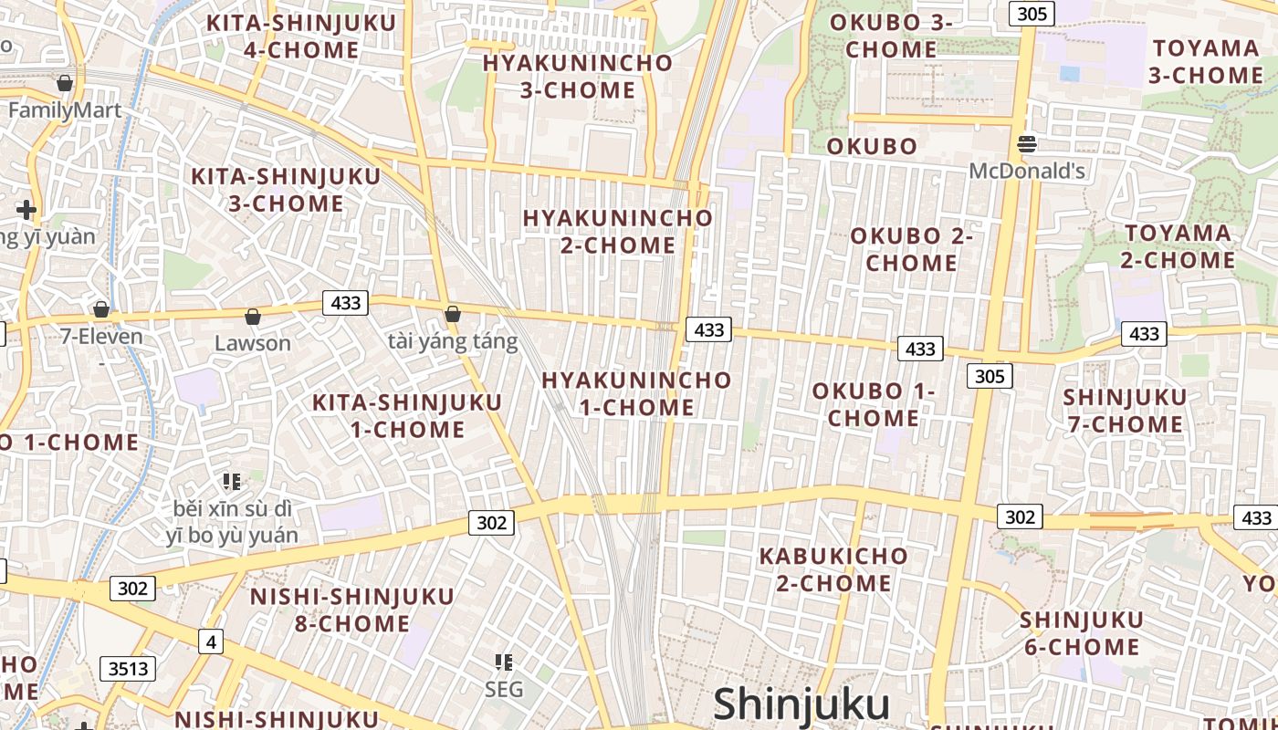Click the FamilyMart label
(65, 110)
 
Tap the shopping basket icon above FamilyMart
(65, 83)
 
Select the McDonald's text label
(1027, 171)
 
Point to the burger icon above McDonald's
(1027, 143)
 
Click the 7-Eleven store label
(102, 336)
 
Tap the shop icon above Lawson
(253, 317)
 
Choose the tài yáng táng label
(453, 341)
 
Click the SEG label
(504, 689)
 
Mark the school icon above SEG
(504, 662)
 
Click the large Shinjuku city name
(801, 704)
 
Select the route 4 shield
(211, 641)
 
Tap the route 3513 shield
(128, 669)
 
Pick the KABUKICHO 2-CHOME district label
(833, 568)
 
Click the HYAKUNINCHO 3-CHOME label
(578, 77)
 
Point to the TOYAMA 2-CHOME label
(1178, 246)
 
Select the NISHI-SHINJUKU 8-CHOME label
(352, 610)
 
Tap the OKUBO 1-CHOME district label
(874, 404)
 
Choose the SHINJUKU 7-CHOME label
(1125, 411)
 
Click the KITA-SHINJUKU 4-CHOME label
(301, 36)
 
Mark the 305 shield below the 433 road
(990, 376)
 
